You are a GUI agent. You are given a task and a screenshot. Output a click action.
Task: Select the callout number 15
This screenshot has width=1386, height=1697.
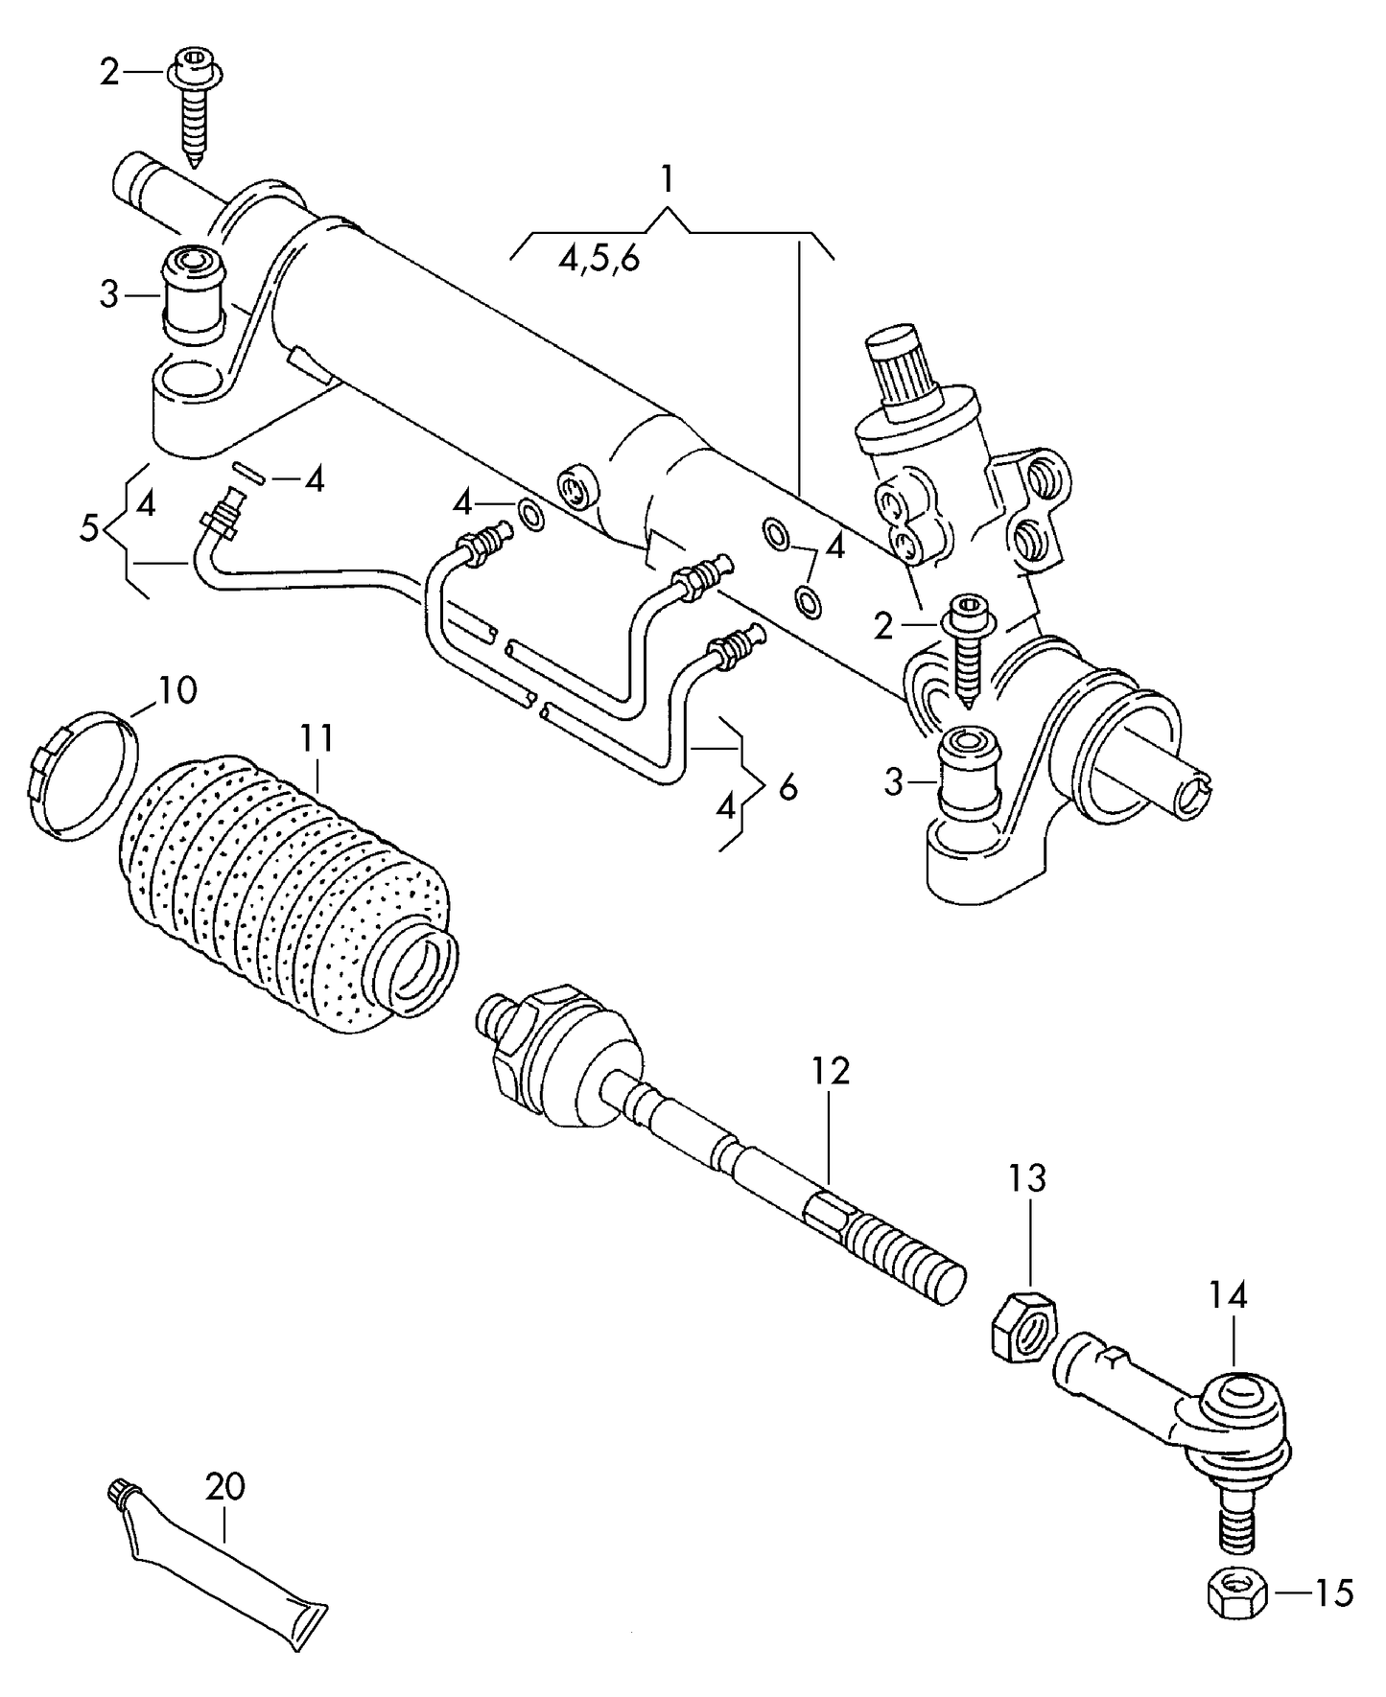click(1333, 1592)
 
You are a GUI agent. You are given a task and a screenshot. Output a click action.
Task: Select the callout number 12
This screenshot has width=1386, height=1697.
click(830, 1070)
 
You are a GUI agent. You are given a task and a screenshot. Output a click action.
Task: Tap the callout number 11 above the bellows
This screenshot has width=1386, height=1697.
click(317, 738)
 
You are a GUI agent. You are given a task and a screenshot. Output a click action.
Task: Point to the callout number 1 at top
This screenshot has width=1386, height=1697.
click(667, 179)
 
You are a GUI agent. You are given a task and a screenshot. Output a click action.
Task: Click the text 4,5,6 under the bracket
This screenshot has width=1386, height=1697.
click(599, 260)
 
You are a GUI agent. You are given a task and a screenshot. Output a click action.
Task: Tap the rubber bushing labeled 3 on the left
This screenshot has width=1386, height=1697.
click(195, 292)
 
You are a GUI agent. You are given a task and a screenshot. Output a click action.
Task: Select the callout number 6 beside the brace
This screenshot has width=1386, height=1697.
click(787, 787)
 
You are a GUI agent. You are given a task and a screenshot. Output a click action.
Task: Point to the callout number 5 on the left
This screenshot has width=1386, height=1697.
click(88, 528)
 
